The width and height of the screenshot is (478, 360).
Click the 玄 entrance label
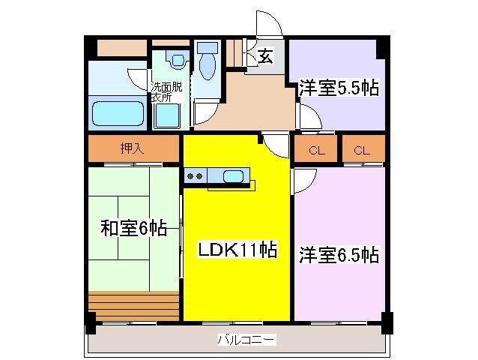point(265,55)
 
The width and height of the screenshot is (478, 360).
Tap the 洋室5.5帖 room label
point(339,88)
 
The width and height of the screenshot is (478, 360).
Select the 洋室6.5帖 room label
point(339,255)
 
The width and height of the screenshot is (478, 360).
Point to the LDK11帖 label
point(238,250)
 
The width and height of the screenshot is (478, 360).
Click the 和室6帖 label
point(134,228)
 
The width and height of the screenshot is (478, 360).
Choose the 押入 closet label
point(132,148)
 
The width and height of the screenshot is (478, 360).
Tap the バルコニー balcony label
point(246,340)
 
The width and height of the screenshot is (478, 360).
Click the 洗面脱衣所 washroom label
point(166,91)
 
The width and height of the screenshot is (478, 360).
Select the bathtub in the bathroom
point(118,113)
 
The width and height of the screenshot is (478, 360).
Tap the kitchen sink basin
point(233,176)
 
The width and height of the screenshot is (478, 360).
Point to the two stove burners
point(195,176)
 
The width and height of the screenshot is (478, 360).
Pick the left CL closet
point(316,149)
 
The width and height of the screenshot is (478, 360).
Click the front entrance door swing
point(270,23)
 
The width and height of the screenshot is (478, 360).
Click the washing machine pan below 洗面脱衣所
point(167,115)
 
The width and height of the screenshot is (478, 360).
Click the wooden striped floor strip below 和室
point(133,306)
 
